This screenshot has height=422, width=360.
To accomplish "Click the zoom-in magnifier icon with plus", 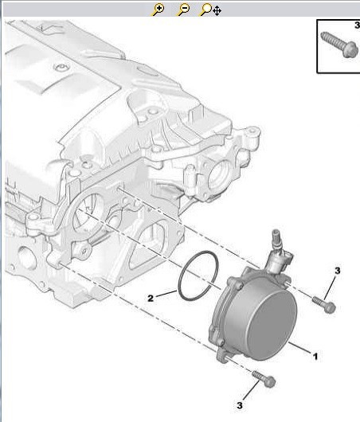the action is (x=158, y=10).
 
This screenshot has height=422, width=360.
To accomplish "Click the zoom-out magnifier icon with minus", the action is (x=183, y=10).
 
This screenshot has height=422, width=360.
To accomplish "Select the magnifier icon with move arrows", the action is (x=210, y=10).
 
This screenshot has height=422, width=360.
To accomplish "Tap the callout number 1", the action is (x=315, y=357).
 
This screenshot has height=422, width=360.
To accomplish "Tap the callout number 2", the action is (x=151, y=298).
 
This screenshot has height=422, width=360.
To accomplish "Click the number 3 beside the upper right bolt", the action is (x=338, y=271).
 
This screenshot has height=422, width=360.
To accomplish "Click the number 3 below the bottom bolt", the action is (x=240, y=405).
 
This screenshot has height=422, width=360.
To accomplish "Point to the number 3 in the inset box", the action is (x=358, y=25).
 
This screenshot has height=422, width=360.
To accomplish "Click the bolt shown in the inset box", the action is (x=339, y=45).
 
